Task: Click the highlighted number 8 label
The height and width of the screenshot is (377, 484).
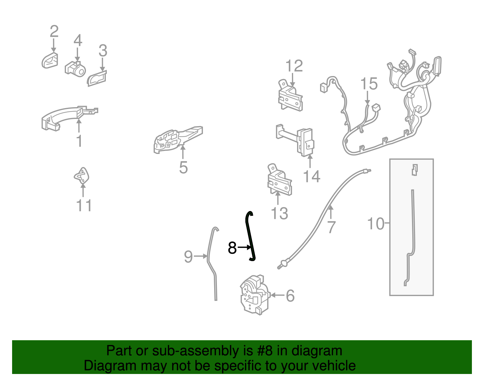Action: (x=232, y=248)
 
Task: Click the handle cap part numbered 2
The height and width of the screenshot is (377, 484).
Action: (x=50, y=61)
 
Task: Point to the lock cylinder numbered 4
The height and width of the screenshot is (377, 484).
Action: (x=75, y=69)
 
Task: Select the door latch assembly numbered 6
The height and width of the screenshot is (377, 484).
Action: (x=255, y=295)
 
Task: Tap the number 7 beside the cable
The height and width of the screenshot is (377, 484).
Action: (x=331, y=227)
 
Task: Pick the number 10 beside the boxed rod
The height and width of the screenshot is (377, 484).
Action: (x=375, y=224)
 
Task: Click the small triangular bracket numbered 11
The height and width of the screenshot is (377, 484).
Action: (x=81, y=176)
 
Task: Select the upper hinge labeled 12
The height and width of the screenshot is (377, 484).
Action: (x=290, y=95)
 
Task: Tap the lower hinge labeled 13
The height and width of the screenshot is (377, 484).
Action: (x=280, y=180)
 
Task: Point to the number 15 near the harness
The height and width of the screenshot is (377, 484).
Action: (x=369, y=84)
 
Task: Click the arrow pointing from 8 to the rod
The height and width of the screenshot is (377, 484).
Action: (x=244, y=247)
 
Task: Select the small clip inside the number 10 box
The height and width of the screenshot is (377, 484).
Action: (x=414, y=170)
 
